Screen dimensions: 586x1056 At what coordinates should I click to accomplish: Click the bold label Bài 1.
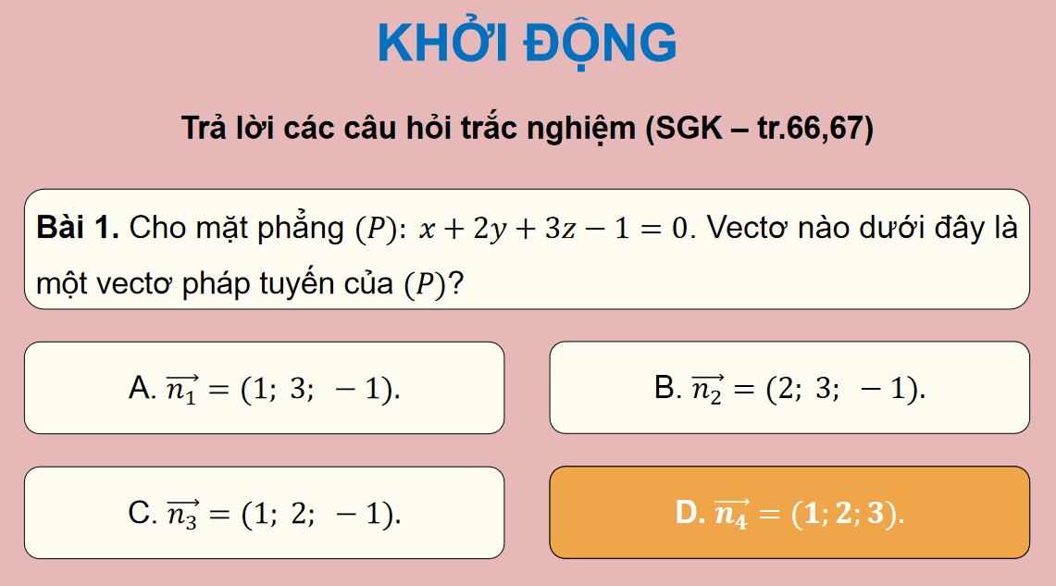(x=78, y=228)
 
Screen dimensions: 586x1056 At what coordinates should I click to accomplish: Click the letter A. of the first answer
(x=143, y=387)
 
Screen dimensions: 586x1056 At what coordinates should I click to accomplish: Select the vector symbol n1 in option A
(x=181, y=388)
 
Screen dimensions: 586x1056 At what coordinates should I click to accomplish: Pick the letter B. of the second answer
(x=666, y=387)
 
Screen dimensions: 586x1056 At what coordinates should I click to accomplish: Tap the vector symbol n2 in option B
(x=708, y=388)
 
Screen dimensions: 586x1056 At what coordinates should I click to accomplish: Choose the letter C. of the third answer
(x=143, y=512)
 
